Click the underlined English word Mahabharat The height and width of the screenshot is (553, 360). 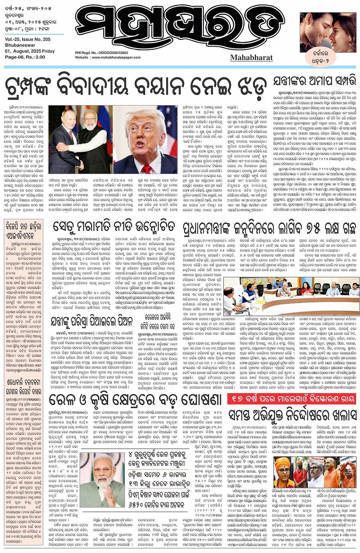(x=251, y=58)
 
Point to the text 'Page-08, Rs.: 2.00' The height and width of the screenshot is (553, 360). (x=25, y=57)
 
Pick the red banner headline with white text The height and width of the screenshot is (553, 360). (x=291, y=399)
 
